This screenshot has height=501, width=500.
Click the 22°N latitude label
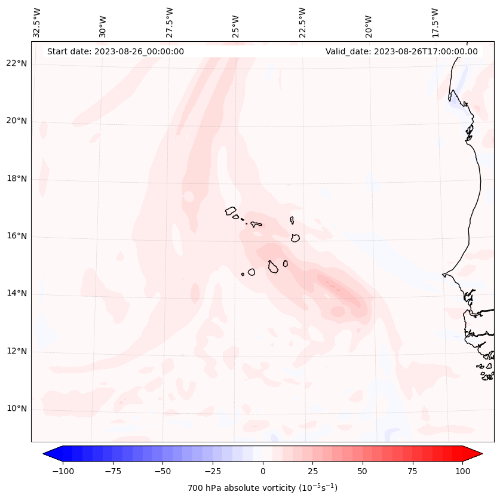pos(16,64)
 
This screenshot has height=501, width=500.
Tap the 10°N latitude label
pos(16,409)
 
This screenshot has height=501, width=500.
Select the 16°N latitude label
pos(16,236)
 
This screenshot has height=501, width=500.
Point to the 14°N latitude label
pos(16,294)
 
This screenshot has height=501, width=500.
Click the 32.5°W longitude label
pos(37,22)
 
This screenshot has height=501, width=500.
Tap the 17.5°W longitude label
pos(435,22)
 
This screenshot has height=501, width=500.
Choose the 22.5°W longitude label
pos(302,22)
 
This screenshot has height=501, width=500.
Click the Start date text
pos(115,51)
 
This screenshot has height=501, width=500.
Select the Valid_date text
pos(401,51)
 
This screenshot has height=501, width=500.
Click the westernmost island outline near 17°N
pos(231,211)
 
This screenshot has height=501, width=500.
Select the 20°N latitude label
pos(16,121)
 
